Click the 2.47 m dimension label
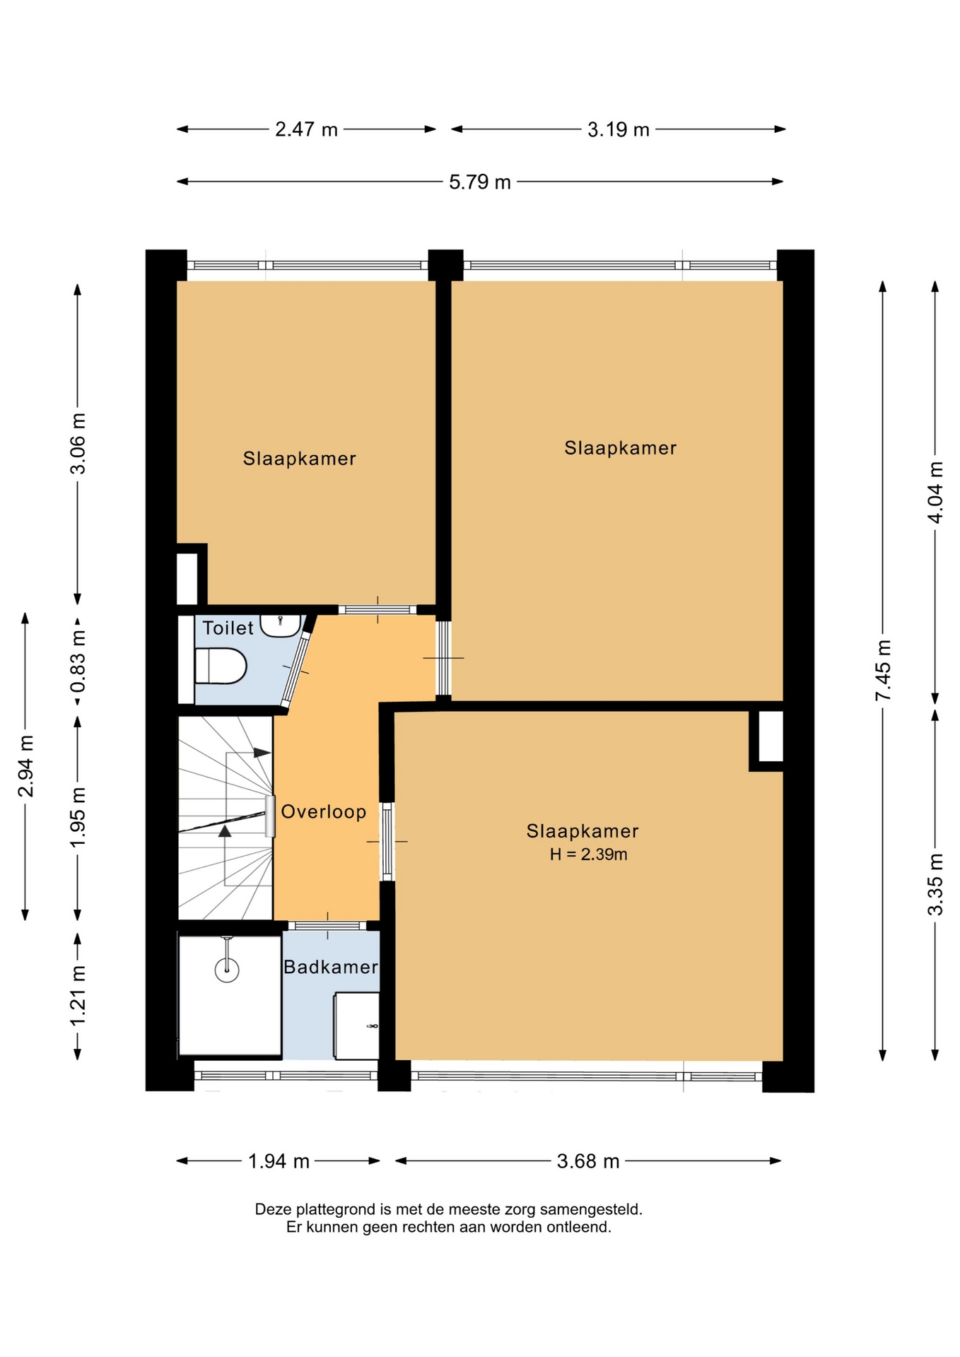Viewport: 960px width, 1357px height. (306, 129)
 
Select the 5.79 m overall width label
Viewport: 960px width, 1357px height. (479, 182)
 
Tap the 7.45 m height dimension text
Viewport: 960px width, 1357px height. (883, 670)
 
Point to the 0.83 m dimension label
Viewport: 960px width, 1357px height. (78, 662)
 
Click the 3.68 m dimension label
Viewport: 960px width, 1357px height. (588, 1161)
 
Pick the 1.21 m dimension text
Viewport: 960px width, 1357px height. (78, 995)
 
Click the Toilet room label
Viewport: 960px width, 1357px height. (228, 628)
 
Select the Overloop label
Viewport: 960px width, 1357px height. (324, 811)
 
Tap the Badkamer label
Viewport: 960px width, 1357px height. (331, 967)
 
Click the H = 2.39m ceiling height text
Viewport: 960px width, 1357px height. (588, 854)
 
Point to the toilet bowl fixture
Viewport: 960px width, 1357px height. (220, 666)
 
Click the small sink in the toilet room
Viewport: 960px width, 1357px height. (281, 625)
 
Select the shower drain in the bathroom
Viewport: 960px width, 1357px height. (227, 969)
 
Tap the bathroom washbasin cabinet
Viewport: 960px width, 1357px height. (356, 1026)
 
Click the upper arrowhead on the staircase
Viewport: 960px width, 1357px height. (262, 753)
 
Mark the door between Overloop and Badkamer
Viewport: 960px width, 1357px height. (327, 926)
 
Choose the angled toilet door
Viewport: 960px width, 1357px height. (296, 668)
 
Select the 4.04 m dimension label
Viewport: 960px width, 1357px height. (935, 492)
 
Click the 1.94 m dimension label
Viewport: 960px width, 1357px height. (279, 1161)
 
